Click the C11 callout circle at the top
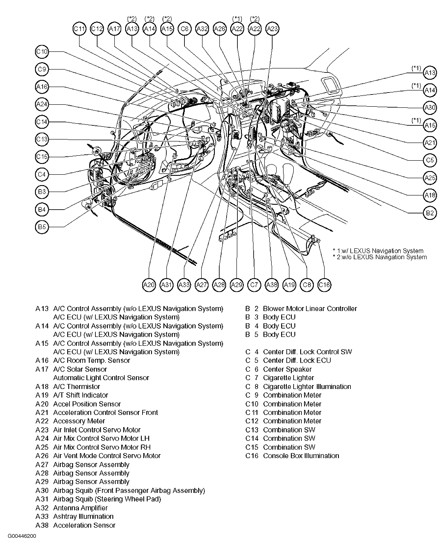[x=80, y=29]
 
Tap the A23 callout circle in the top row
[x=272, y=29]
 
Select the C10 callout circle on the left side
[x=42, y=52]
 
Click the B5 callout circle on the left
[x=42, y=227]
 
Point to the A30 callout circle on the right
[x=430, y=108]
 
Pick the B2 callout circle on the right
[x=430, y=213]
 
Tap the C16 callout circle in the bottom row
[x=324, y=285]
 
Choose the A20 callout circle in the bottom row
[x=149, y=285]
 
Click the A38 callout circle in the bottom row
[x=272, y=285]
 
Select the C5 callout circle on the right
[x=430, y=160]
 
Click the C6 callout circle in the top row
[x=185, y=29]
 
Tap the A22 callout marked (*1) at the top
[x=237, y=29]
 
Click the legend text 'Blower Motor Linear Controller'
[x=310, y=309]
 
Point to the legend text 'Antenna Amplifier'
[x=80, y=508]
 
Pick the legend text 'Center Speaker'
[x=287, y=369]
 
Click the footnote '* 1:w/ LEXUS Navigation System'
[x=378, y=251]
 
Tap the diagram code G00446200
[x=22, y=536]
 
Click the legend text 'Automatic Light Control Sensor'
[x=101, y=378]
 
